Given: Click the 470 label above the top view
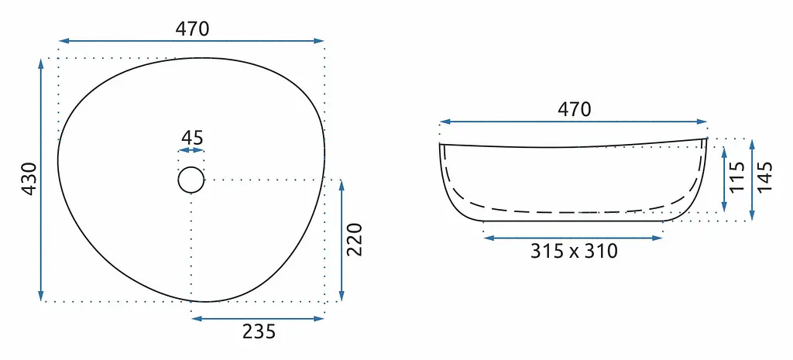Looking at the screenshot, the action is tap(192, 29).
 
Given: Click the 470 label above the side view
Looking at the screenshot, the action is tap(574, 109).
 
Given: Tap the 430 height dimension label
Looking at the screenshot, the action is tap(29, 179).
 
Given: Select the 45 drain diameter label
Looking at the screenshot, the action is tap(192, 138).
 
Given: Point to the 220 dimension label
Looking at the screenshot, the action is tap(355, 239).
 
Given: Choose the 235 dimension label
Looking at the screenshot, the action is tap(259, 331).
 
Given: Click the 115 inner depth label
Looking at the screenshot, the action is tap(738, 177).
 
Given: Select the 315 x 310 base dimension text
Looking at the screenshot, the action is tap(574, 251).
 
